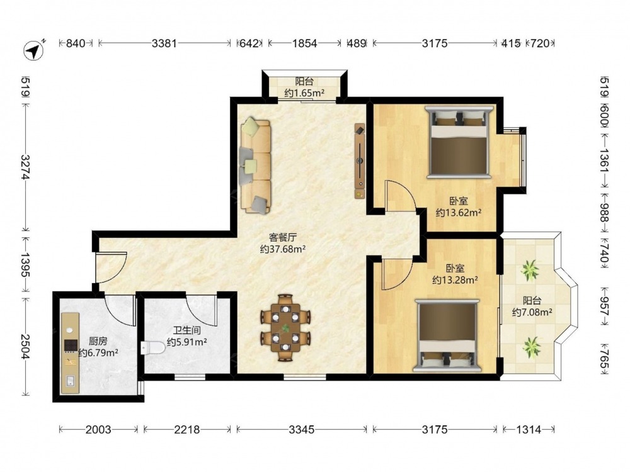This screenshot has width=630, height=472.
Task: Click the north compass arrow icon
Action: point(33,50)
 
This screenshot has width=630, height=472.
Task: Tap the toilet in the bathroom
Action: point(153,347)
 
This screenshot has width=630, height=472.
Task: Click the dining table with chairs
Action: point(285,328)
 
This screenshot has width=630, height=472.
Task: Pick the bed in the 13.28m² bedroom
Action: point(447,335)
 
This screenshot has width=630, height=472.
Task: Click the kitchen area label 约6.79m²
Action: point(98,353)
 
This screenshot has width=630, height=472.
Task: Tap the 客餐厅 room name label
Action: point(282,237)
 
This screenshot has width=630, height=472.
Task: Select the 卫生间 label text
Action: point(187,331)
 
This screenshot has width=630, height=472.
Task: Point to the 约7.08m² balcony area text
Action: point(532,312)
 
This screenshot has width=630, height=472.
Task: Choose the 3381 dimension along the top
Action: point(164,43)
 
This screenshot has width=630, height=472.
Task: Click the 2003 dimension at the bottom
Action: point(98,429)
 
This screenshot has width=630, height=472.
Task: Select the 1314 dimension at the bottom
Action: point(529,429)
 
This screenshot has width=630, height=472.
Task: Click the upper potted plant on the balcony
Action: point(530,270)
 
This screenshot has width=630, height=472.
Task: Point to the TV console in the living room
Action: point(360,160)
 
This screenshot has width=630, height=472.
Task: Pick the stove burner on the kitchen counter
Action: point(71,345)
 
